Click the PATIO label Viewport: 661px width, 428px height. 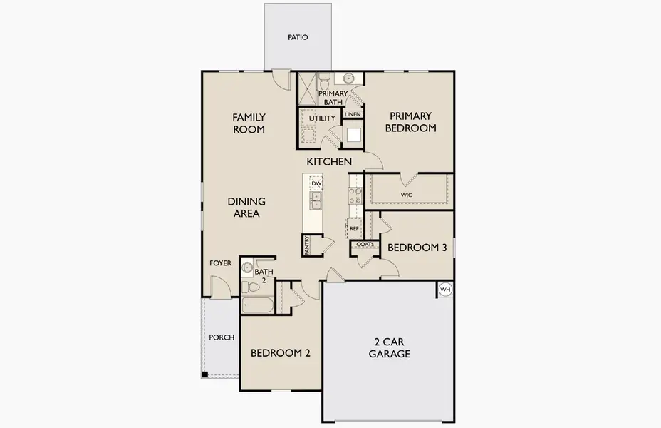298,37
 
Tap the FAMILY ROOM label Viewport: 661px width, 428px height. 249,123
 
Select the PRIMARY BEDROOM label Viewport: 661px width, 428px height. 411,122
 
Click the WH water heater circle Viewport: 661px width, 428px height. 445,290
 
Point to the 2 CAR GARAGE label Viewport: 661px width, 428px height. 389,347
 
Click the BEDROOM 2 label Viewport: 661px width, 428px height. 280,352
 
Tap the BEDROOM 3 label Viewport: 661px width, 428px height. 417,248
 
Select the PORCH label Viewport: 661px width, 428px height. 221,337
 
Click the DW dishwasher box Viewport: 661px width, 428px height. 316,183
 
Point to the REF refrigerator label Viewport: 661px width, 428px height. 354,228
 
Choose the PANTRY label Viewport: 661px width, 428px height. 307,245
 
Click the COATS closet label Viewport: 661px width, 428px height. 365,244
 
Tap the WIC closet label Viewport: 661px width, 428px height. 407,194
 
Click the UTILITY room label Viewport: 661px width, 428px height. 321,118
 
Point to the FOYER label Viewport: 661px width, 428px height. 220,263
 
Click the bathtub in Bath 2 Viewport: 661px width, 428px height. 257,305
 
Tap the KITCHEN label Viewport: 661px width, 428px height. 329,162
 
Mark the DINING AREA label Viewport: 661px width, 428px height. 247,207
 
